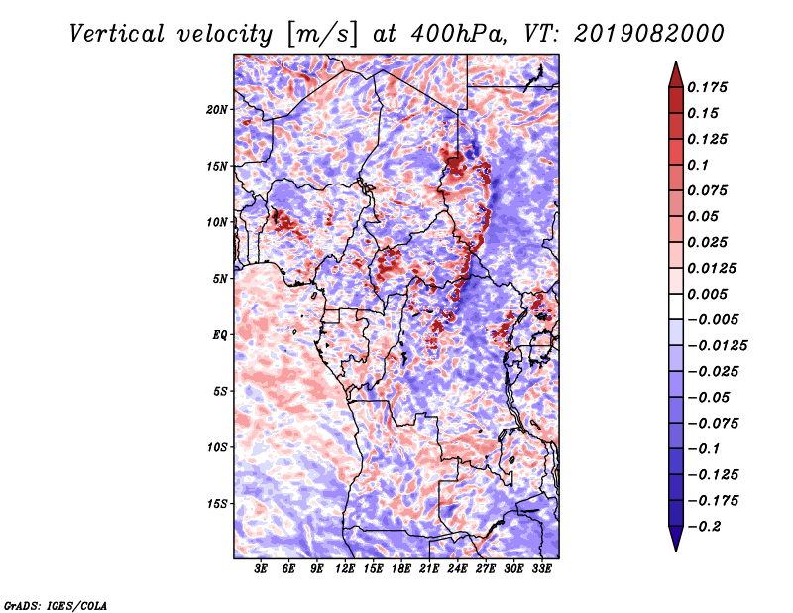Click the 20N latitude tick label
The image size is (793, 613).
pyautogui.click(x=216, y=110)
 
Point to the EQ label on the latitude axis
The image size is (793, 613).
pyautogui.click(x=220, y=335)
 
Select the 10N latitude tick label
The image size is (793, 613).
pyautogui.click(x=216, y=222)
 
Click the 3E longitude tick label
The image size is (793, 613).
pyautogui.click(x=261, y=569)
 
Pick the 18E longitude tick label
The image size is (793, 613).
pyautogui.click(x=401, y=569)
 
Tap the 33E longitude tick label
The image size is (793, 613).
pyautogui.click(x=541, y=569)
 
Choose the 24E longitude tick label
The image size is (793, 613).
pyautogui.click(x=457, y=569)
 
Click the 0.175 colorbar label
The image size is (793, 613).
pyautogui.click(x=707, y=87)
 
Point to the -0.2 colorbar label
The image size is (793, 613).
pyautogui.click(x=704, y=527)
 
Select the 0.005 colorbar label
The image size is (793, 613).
pyautogui.click(x=707, y=294)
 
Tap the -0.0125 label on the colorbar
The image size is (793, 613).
pyautogui.click(x=717, y=346)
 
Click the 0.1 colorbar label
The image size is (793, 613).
pyautogui.click(x=698, y=165)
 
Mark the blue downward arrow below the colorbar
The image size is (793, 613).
pyautogui.click(x=676, y=539)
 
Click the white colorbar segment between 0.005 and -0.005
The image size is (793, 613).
pyautogui.click(x=676, y=306)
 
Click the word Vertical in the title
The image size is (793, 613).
pyautogui.click(x=117, y=34)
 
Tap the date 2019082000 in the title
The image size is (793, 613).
pyautogui.click(x=649, y=34)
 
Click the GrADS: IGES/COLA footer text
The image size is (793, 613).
pyautogui.click(x=56, y=605)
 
